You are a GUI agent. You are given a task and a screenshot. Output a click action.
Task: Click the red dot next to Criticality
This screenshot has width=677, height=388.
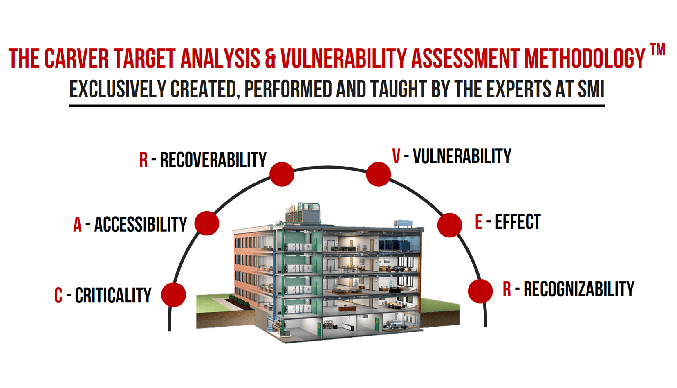(x=173, y=295)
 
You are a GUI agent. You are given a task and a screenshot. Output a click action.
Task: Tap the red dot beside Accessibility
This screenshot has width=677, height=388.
(x=207, y=223)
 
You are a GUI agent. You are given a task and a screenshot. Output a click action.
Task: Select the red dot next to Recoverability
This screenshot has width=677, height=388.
(x=282, y=174)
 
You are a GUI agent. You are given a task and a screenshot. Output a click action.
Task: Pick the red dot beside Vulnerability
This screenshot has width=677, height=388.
(x=378, y=174)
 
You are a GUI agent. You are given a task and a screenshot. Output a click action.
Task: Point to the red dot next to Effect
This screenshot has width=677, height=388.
(x=449, y=225)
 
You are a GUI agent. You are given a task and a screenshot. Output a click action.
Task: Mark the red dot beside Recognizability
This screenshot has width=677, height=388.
(x=480, y=291)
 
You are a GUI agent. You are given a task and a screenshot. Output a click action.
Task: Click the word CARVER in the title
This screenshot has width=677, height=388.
(x=76, y=59)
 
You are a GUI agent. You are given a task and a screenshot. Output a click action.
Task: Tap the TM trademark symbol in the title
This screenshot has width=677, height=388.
(x=657, y=50)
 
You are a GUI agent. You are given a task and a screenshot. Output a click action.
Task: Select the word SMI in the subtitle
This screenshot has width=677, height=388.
(x=591, y=89)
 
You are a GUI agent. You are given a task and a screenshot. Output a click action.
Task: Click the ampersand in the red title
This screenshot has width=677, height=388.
(x=270, y=59)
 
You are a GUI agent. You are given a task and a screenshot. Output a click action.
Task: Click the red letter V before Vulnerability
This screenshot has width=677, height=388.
(x=396, y=156)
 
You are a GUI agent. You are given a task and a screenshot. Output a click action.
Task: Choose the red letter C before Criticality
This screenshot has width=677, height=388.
(x=58, y=296)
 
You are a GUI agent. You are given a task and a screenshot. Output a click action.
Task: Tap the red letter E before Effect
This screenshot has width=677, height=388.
(x=479, y=222)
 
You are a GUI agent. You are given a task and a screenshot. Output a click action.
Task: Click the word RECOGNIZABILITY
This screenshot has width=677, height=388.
(x=579, y=289)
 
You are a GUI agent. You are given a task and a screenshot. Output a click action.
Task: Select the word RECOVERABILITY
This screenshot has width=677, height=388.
(x=213, y=160)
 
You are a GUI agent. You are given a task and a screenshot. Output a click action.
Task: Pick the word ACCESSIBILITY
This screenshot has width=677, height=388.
(x=141, y=224)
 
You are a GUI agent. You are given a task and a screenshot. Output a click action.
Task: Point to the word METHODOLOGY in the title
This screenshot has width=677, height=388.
(x=585, y=59)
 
